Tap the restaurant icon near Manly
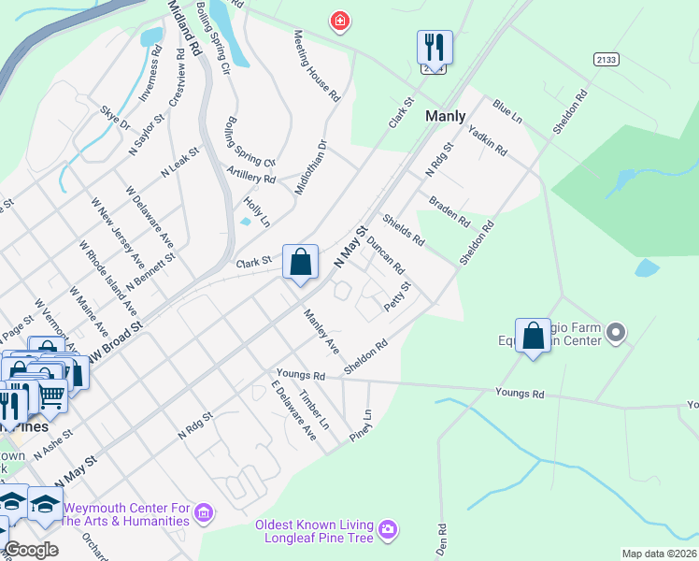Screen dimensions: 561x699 435,46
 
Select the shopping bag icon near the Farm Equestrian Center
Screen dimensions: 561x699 533,336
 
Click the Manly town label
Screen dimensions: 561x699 445,117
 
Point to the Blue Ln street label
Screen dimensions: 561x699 506,110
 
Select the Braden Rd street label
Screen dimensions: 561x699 449,211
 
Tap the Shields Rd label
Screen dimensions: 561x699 405,232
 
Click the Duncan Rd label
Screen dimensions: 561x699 385,254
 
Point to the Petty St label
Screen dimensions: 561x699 397,298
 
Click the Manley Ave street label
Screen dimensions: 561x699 320,331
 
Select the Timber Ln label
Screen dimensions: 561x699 313,410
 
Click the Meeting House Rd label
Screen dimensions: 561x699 316,65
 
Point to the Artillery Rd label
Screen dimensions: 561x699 251,172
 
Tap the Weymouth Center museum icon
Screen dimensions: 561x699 205,512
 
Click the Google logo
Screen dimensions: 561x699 32,550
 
